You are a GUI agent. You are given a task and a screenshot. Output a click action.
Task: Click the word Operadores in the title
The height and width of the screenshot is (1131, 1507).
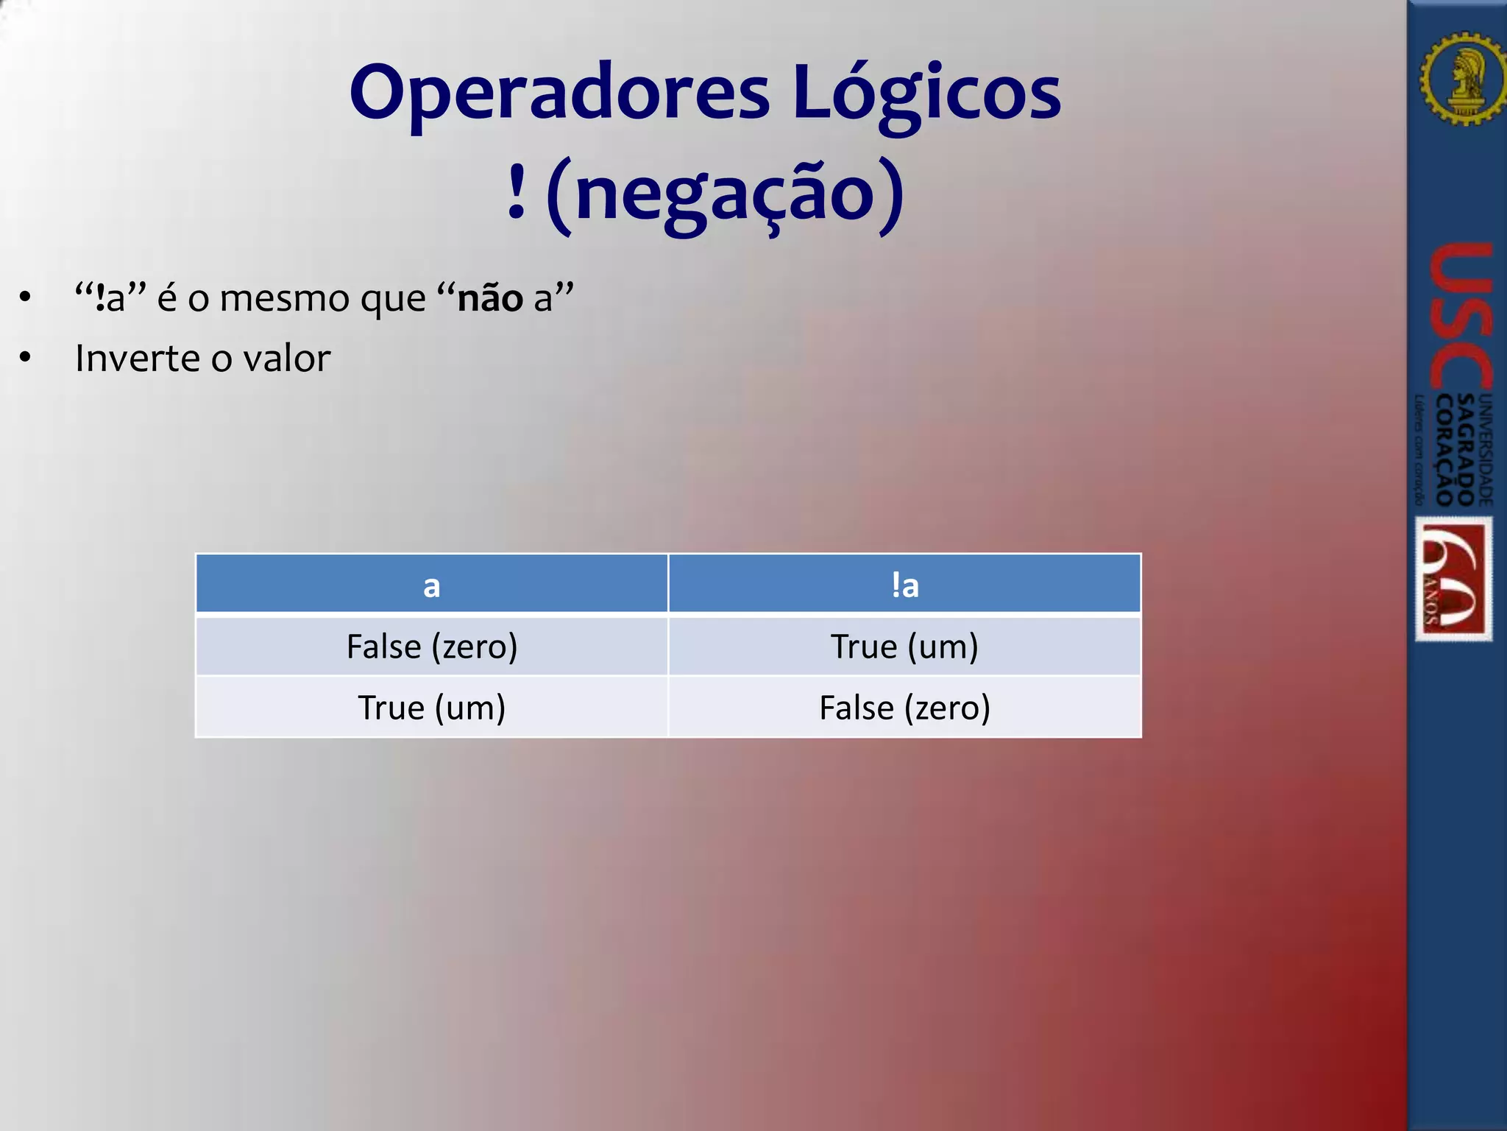(x=559, y=94)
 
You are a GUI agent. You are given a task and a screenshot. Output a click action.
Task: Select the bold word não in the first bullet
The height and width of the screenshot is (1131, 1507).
(x=489, y=298)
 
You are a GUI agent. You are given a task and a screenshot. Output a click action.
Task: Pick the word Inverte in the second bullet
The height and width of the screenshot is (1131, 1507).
(x=137, y=359)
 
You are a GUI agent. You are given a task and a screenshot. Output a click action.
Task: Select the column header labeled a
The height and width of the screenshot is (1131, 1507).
(x=432, y=585)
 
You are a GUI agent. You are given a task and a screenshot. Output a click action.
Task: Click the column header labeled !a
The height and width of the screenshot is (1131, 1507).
(x=904, y=585)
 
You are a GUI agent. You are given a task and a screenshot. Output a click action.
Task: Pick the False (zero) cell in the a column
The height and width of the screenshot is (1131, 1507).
(x=432, y=646)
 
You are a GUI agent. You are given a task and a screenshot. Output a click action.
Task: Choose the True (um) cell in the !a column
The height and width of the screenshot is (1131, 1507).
(x=904, y=646)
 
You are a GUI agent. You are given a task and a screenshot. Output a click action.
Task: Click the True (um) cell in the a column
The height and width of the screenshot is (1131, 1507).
(x=432, y=708)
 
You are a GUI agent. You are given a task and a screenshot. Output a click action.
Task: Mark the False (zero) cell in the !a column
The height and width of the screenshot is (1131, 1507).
(x=904, y=708)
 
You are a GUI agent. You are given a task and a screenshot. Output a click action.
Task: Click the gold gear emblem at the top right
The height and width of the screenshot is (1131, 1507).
(x=1463, y=77)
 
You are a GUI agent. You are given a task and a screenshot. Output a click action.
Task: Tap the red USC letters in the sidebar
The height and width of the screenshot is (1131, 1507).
(x=1461, y=317)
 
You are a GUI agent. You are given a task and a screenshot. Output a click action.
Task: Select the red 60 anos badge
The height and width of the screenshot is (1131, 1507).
(x=1454, y=579)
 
